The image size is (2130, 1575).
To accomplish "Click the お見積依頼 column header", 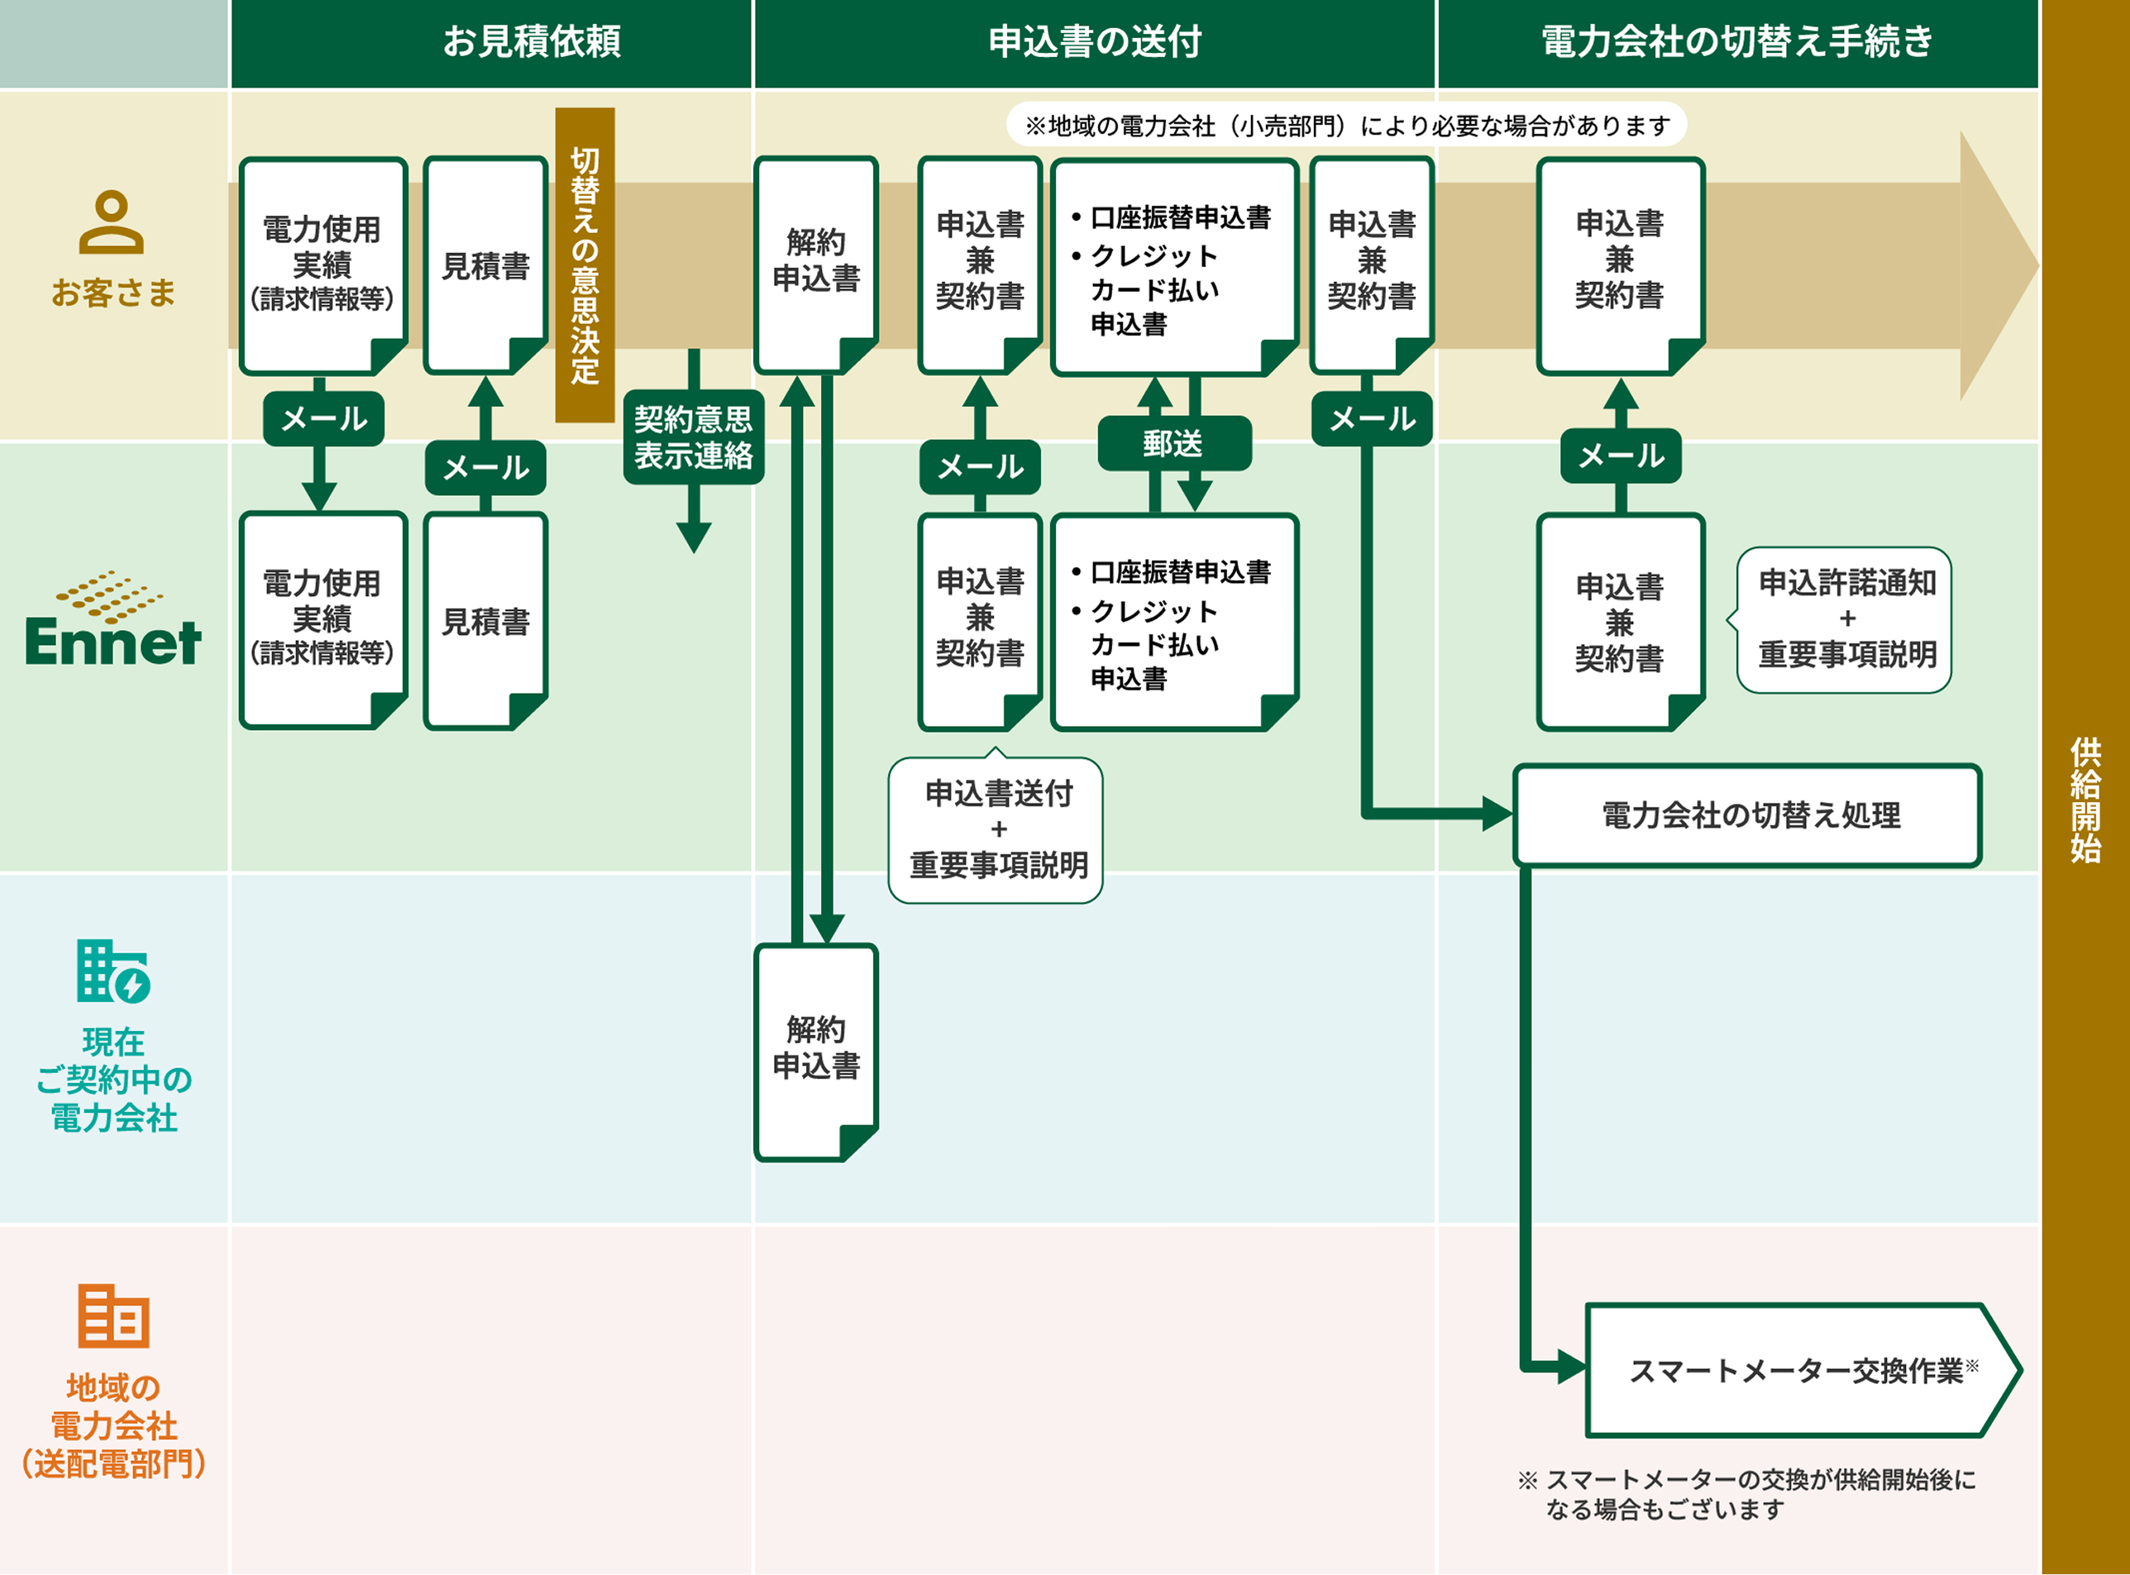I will coord(531,42).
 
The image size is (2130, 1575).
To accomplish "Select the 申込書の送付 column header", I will coord(1094,42).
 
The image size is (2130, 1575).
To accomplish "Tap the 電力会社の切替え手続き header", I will coord(1736,42).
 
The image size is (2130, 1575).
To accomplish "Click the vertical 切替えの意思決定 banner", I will coord(585,265).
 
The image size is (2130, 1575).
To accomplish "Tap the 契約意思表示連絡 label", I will coord(693,437).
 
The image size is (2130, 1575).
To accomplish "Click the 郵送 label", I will coord(1173,443).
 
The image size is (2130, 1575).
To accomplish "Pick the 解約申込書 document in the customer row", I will coord(816,264).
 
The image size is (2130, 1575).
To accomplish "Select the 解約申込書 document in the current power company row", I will coord(816,1051).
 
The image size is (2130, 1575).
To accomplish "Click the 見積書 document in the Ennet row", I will coord(486,621).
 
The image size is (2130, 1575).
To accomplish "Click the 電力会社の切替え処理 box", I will coord(1746,815).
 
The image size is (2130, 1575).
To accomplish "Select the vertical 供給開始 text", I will coord(2085,799).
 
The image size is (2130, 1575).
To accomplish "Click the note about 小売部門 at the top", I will coord(1346,125).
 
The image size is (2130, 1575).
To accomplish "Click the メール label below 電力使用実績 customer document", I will coord(323,418).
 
